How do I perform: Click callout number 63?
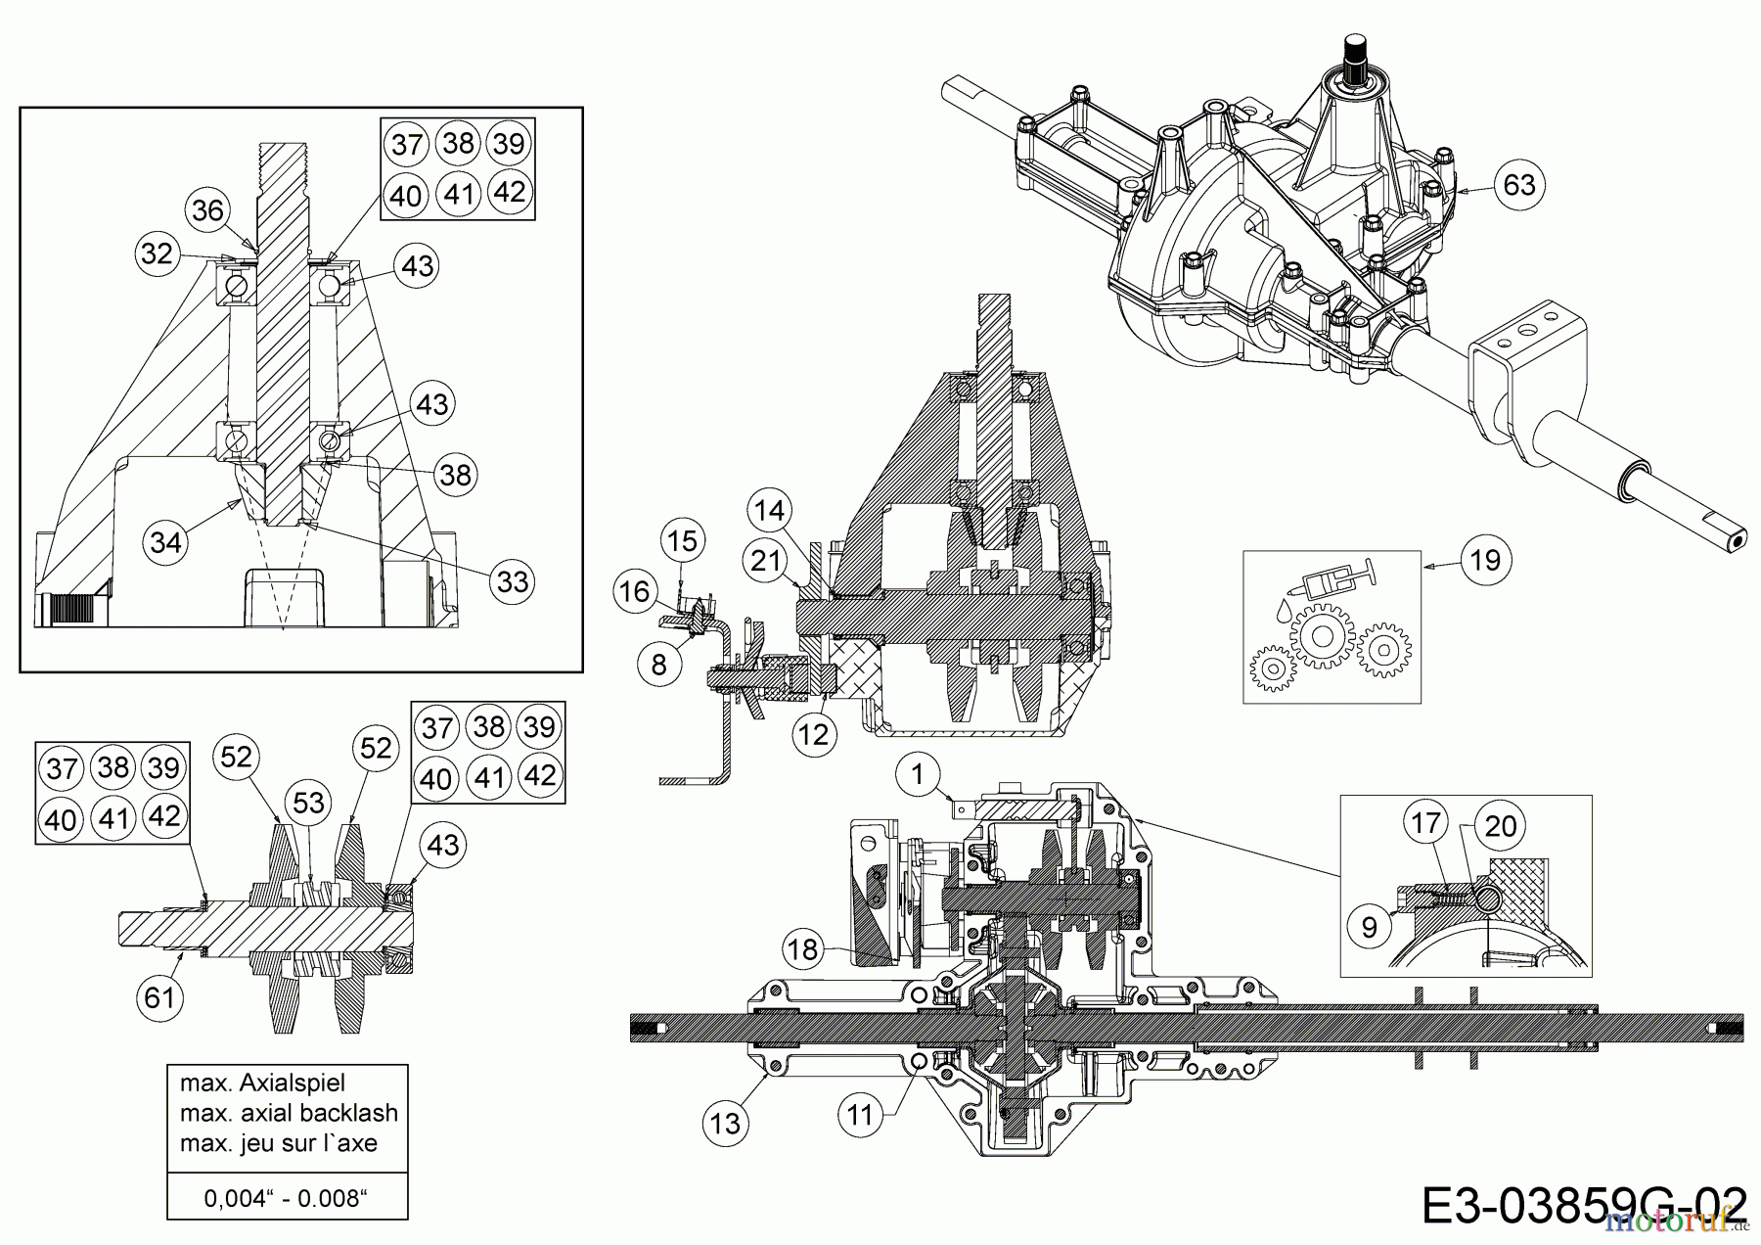[x=1518, y=185]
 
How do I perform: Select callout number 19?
[x=1485, y=560]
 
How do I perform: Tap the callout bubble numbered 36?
[x=207, y=209]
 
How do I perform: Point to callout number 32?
[x=157, y=254]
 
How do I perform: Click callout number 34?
[x=165, y=541]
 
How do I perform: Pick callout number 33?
[x=512, y=581]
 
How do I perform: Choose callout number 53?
[x=308, y=803]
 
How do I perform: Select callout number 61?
[x=158, y=997]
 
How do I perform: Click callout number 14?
[x=770, y=510]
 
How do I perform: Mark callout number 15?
[x=683, y=540]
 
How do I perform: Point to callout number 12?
[x=814, y=733]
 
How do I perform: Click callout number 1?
[x=917, y=775]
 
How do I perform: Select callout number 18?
[x=802, y=948]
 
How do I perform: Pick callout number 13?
[x=725, y=1123]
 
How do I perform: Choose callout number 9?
[x=1369, y=926]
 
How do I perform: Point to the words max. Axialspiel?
[x=262, y=1084]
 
